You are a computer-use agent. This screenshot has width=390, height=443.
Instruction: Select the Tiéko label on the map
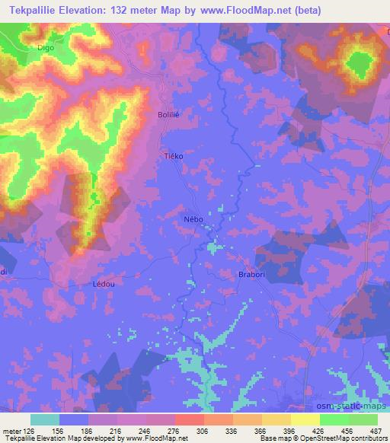coord(174,155)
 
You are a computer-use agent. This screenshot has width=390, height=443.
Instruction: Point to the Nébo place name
coord(193,218)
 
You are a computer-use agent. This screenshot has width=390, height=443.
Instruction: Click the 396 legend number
coord(294,432)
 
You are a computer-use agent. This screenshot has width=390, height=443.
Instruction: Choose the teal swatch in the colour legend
coord(45,419)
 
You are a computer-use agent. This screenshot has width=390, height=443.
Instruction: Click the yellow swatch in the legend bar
coord(305,419)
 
